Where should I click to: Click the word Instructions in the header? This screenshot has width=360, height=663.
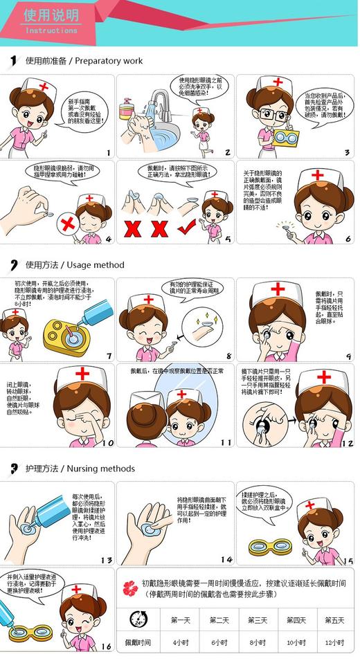pyautogui.click(x=51, y=30)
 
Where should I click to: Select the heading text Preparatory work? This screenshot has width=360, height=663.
pyautogui.click(x=109, y=61)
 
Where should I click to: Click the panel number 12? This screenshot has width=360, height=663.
pyautogui.click(x=346, y=443)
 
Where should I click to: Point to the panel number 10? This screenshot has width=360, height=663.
pyautogui.click(x=108, y=442)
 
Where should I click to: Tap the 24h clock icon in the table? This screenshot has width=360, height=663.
pyautogui.click(x=138, y=619)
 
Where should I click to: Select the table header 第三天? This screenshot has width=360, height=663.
pyautogui.click(x=258, y=619)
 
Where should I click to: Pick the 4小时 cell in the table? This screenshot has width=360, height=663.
pyautogui.click(x=181, y=643)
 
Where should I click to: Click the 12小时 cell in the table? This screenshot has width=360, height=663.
pyautogui.click(x=334, y=643)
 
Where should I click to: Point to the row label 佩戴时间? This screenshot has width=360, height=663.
pyautogui.click(x=138, y=643)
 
